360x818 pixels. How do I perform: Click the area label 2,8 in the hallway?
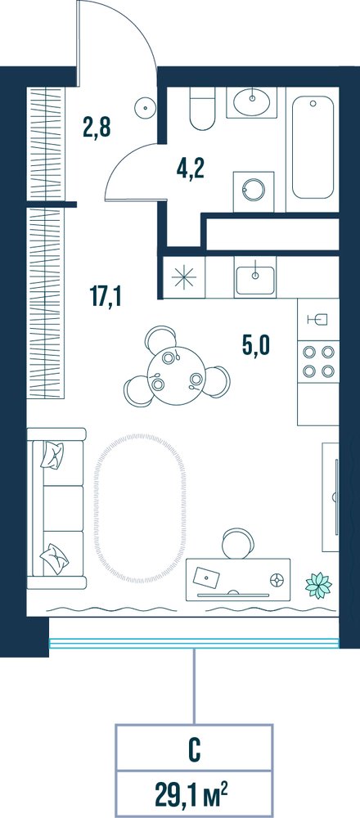[x=97, y=127]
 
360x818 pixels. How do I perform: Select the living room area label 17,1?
[x=106, y=297]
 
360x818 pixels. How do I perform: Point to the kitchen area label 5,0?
[x=257, y=345]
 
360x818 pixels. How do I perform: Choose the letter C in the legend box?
[x=194, y=753]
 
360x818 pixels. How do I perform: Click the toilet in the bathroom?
[x=202, y=108]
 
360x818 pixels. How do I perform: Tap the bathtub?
[x=313, y=147]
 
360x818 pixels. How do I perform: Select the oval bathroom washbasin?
[x=253, y=101]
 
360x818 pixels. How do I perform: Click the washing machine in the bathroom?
[x=254, y=191]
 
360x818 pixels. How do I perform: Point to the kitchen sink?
[x=255, y=280]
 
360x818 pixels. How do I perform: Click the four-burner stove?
[x=318, y=362]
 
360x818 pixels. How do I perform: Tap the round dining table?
[x=177, y=375]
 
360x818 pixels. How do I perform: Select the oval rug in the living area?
[x=139, y=508]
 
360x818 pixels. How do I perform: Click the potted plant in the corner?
[x=318, y=585]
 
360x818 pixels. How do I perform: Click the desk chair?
[x=237, y=543]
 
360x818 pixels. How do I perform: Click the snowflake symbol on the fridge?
[x=183, y=277]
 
